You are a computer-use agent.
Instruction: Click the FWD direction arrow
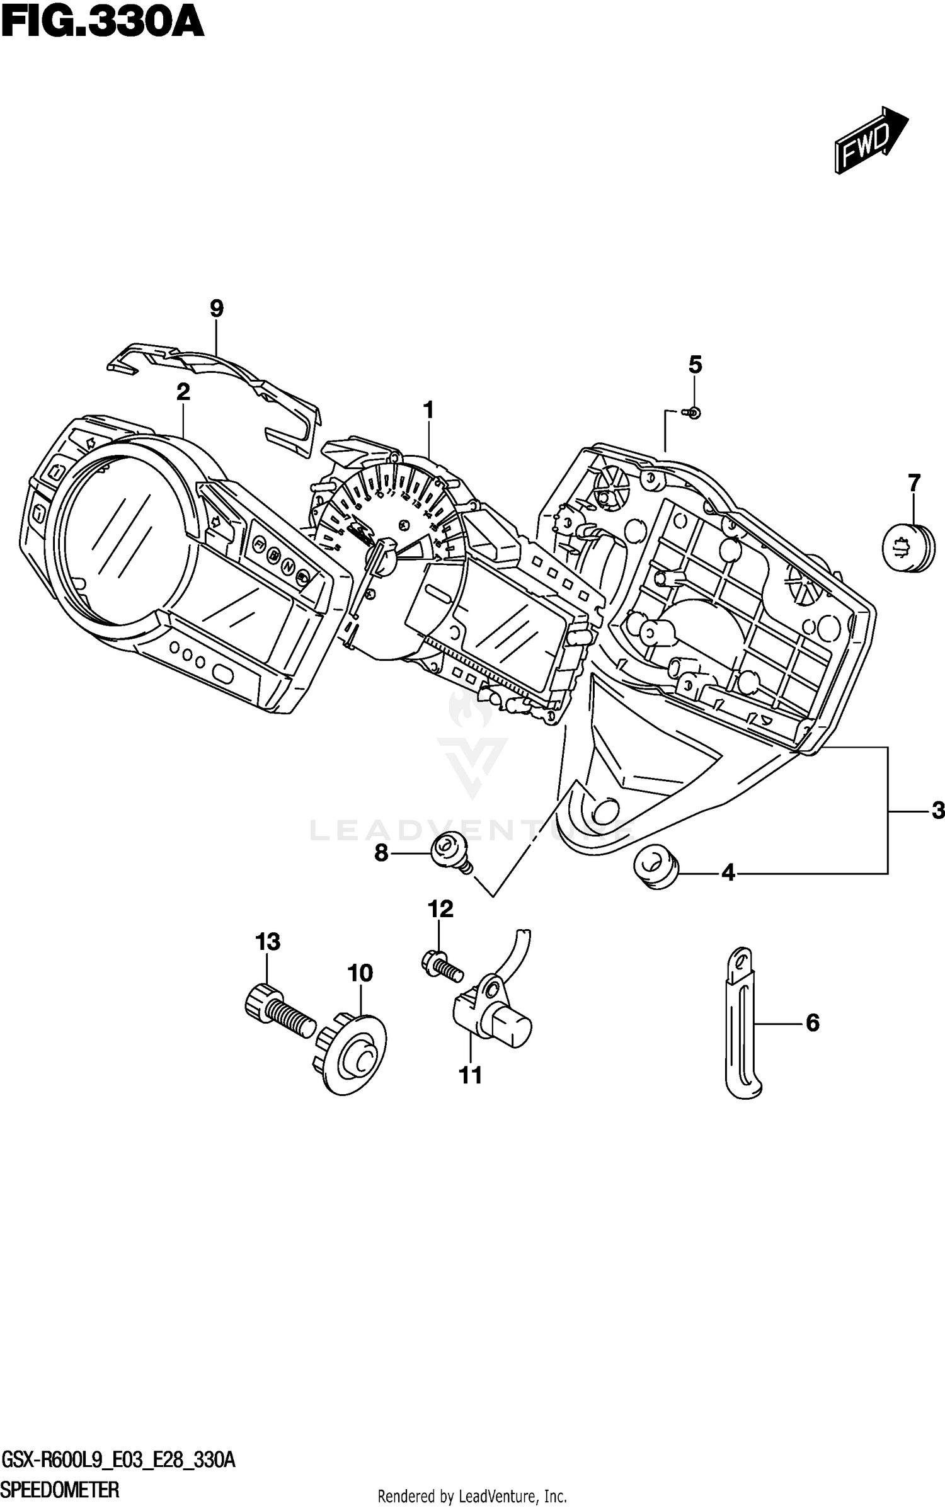(x=870, y=140)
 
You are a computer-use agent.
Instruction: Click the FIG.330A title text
(x=103, y=23)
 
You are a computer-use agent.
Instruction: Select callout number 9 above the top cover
(x=216, y=309)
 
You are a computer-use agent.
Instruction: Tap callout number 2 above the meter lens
(x=183, y=392)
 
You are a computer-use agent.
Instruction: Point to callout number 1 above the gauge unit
(x=428, y=411)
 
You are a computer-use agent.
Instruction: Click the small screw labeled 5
(x=694, y=413)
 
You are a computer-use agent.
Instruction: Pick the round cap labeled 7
(x=908, y=547)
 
